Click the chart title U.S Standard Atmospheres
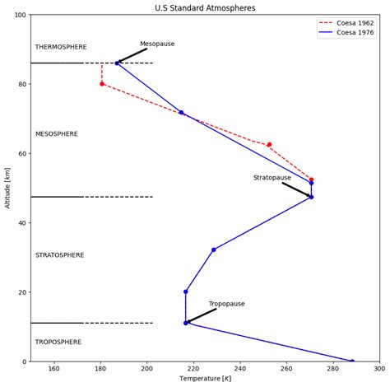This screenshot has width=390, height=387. (205, 7)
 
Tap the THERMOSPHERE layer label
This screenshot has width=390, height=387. (61, 48)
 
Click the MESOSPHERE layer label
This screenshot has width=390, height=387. (57, 134)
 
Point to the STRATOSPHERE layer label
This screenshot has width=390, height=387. (60, 255)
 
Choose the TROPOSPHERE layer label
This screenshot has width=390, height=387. (58, 342)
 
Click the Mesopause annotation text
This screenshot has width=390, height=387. (157, 44)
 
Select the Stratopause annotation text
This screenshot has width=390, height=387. (272, 177)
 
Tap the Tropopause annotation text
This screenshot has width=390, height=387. (226, 304)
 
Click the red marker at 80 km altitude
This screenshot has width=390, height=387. (102, 84)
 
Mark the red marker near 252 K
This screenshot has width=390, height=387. (269, 145)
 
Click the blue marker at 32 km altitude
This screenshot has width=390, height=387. (214, 249)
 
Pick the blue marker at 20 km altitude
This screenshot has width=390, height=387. (186, 291)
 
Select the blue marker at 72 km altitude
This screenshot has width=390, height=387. (181, 113)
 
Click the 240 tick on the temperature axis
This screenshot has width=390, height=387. (240, 369)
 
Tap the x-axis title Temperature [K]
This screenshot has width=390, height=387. (205, 380)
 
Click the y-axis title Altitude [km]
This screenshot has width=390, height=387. (7, 188)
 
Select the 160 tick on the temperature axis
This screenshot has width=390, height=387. (54, 369)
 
